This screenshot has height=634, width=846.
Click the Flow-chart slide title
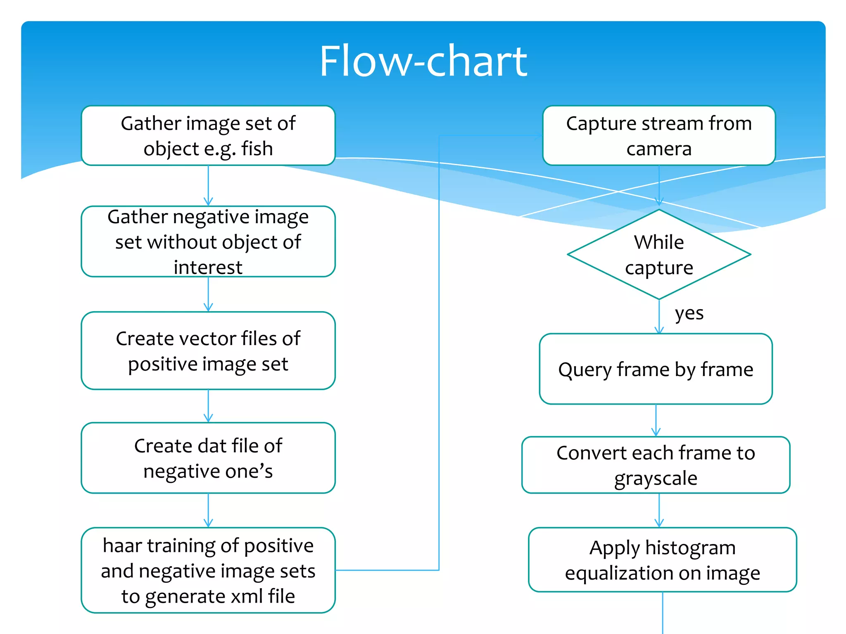(423, 61)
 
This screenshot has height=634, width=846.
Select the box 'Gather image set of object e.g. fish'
(208, 135)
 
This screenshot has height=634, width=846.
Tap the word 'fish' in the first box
(257, 149)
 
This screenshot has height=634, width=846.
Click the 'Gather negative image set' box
(208, 241)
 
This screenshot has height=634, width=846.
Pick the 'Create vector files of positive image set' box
(208, 351)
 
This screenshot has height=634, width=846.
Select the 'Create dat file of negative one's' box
(208, 458)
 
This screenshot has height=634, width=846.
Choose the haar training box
(208, 570)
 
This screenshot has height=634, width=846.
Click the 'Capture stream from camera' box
(659, 135)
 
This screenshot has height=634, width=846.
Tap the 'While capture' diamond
(659, 255)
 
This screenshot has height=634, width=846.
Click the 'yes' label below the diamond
(689, 313)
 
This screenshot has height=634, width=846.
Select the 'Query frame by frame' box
(656, 369)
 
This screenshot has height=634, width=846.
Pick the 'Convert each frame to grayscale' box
(656, 465)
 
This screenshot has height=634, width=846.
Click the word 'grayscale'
(656, 478)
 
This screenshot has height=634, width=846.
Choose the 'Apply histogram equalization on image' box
(662, 560)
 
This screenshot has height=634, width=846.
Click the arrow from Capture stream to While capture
(659, 186)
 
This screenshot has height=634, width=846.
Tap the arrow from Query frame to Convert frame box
(656, 420)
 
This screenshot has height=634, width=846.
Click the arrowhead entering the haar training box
(208, 523)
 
